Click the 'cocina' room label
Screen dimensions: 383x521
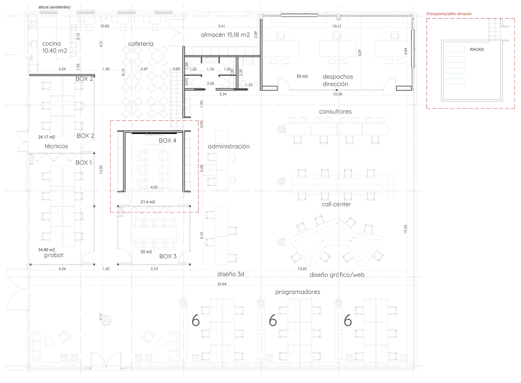coord(52,44)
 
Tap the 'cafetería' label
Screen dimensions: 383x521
coord(141,44)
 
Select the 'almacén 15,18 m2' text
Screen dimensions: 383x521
coord(225,35)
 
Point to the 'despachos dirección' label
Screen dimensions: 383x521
coord(338,80)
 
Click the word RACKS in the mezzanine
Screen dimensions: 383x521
coord(477,49)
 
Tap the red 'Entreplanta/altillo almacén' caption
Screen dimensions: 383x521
coord(449,14)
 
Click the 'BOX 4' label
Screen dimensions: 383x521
coord(167,141)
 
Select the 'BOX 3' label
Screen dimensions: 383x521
coord(168,256)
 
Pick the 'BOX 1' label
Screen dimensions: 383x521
coord(84,163)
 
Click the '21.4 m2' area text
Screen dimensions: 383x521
coord(148,202)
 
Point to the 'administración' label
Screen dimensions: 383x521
coord(229,147)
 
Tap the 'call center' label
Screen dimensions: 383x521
coord(336,204)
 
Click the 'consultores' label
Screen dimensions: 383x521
coord(335,112)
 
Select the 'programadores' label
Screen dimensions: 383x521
coord(298,292)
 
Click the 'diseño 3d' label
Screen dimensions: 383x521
coord(231,274)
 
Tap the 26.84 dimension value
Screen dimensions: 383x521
coord(222,284)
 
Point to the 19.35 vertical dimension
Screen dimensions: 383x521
coord(405,229)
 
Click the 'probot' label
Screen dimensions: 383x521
coord(54,255)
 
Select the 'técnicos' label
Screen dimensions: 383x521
coord(56,146)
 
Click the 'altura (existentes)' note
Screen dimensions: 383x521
coord(55,7)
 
